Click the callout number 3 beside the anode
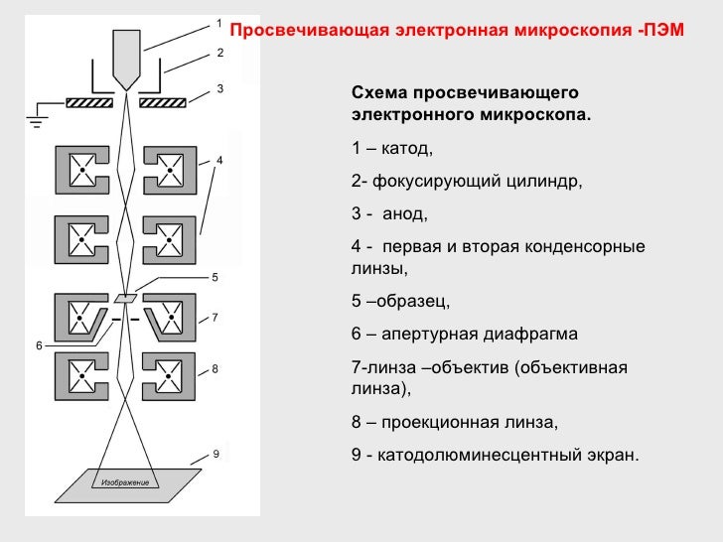pos(218,87)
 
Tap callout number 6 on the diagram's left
pos(39,345)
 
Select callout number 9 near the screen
pos(216,455)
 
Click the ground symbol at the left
pos(36,117)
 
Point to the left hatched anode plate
pos(90,101)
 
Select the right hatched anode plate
pos(165,101)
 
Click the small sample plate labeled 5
pos(126,297)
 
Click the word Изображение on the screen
pos(124,483)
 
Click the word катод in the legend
pos(405,149)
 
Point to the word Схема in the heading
pos(378,93)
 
